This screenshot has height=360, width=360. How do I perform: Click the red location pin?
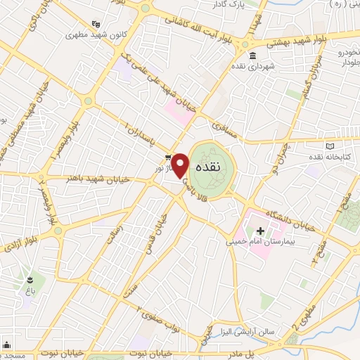[x=181, y=165]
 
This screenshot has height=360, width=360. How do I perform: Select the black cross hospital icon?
[x=260, y=230]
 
